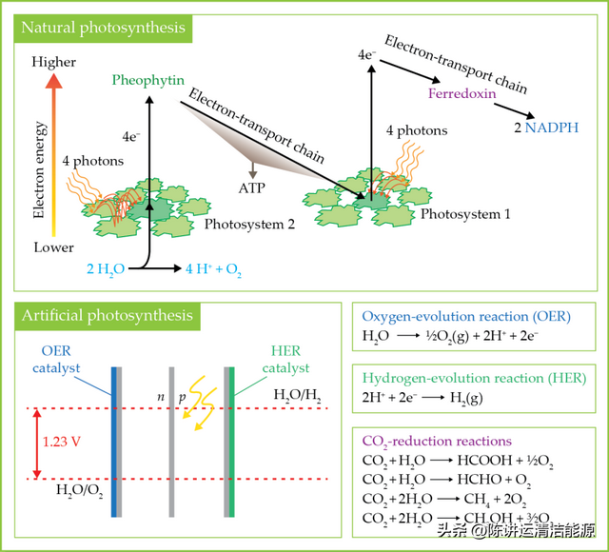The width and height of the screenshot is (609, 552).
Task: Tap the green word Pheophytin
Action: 147,80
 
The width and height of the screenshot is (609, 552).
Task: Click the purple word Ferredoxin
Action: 460,95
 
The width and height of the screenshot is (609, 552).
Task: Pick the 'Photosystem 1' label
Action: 466,214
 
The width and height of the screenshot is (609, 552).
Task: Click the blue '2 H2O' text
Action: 104,270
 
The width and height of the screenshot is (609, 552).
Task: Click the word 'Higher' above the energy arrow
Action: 53,64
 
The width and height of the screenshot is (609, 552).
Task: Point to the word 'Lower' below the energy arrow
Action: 53,247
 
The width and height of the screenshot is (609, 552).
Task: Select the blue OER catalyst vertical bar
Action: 115,441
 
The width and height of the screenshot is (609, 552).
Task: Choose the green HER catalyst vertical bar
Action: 231,441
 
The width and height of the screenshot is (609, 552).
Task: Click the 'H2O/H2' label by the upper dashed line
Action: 297,396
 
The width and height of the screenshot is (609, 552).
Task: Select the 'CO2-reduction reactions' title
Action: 437,442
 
